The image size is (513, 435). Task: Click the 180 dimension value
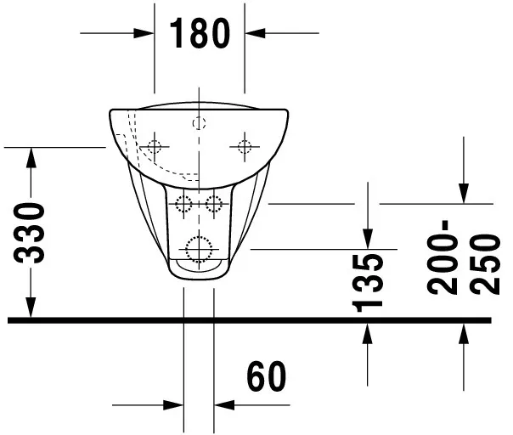click(x=200, y=33)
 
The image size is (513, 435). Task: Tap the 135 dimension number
click(x=367, y=281)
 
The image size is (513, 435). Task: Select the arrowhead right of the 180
click(x=254, y=33)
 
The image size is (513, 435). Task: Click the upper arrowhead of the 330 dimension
click(x=32, y=156)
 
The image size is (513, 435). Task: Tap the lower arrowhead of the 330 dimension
click(x=32, y=309)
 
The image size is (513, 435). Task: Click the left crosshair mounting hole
click(x=154, y=146)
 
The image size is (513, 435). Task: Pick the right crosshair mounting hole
click(x=244, y=146)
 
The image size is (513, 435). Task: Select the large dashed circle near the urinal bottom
click(x=199, y=247)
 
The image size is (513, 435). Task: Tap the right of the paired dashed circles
click(x=213, y=203)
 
